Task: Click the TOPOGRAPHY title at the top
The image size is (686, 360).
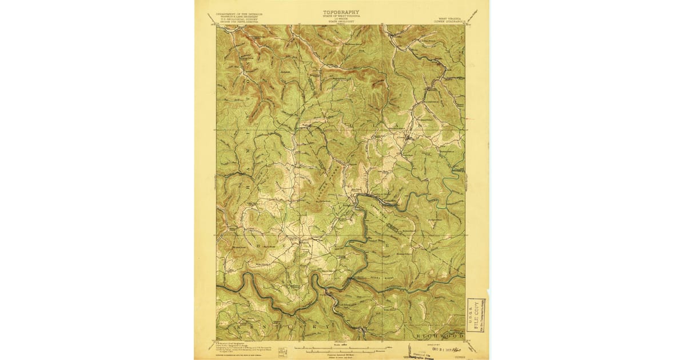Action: [x=341, y=11]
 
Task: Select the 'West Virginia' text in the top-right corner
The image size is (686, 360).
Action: [x=451, y=18]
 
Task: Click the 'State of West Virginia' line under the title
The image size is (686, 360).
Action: [x=341, y=15]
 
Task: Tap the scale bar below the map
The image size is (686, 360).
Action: [x=341, y=347]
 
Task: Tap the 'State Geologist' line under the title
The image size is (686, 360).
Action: [x=341, y=25]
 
